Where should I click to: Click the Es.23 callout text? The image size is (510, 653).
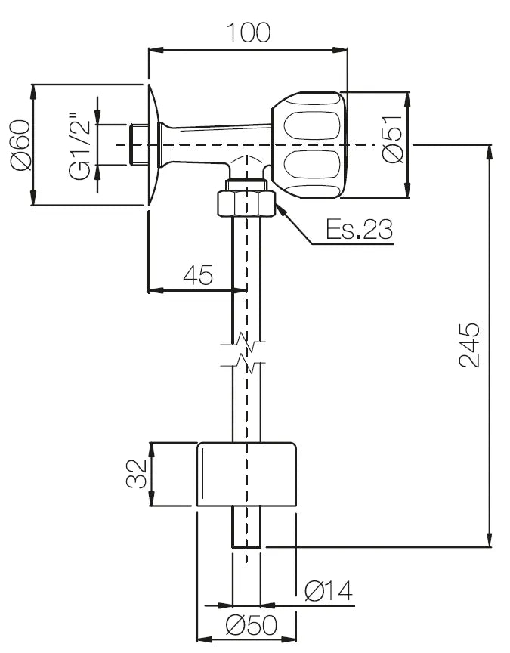click(x=359, y=229)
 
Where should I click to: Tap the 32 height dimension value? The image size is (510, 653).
click(x=137, y=474)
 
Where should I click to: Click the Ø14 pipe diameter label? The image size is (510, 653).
click(x=329, y=590)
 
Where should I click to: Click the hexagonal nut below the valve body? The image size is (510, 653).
click(x=246, y=203)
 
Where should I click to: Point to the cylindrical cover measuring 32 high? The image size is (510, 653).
click(x=246, y=475)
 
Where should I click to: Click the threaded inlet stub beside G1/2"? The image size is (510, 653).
click(x=138, y=144)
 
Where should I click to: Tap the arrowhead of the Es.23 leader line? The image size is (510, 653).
click(x=281, y=211)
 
